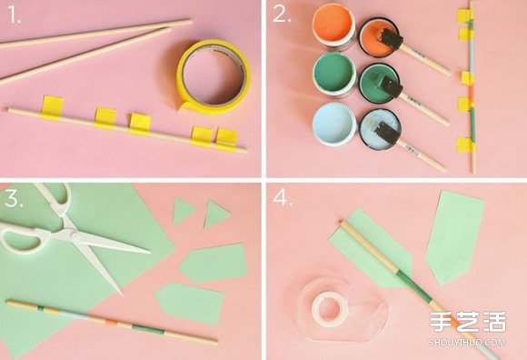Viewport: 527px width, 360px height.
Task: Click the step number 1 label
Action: (15, 15)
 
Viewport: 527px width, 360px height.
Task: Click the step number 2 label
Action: (282, 15)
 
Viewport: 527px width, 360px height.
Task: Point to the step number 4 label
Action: (283, 198)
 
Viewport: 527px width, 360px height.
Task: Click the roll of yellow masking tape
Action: (214, 76)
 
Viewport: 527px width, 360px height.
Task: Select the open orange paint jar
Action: (333, 26)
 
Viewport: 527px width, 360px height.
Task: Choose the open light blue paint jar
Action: (334, 124)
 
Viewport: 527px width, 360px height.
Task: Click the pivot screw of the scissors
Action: (71, 232)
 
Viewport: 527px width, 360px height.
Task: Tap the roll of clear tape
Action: (330, 308)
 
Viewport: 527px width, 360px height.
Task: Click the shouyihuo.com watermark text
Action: (467, 342)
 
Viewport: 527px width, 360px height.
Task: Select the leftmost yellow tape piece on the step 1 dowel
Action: (52, 107)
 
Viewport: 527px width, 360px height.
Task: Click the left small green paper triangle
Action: (184, 211)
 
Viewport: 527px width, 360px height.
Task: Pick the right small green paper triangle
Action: (216, 214)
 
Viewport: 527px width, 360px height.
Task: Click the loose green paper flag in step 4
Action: (454, 236)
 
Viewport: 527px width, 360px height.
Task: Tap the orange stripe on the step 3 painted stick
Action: (111, 322)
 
